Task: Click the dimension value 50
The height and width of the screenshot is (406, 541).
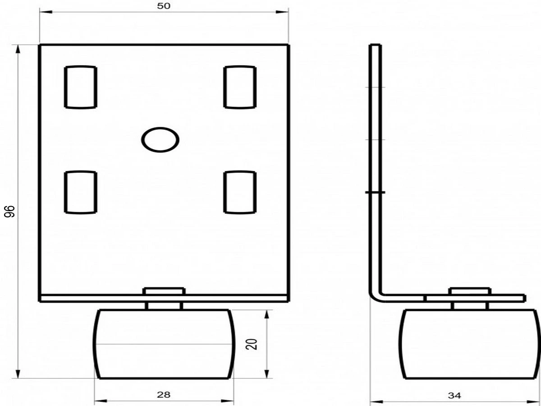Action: click(x=164, y=6)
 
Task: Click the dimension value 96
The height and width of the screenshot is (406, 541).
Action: click(x=9, y=212)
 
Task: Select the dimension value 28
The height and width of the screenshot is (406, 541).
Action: click(x=164, y=395)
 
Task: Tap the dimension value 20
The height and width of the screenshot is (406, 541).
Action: click(x=252, y=344)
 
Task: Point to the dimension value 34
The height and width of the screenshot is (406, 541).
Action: click(x=454, y=396)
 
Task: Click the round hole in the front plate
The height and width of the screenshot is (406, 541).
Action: click(x=160, y=140)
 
